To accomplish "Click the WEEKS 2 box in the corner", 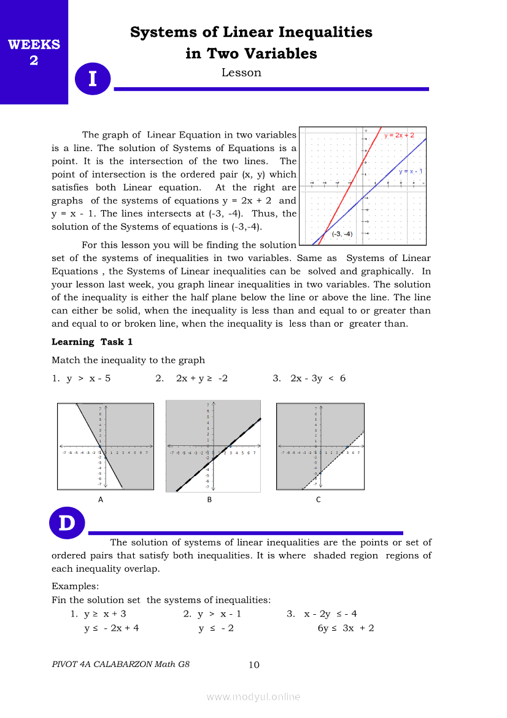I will pyautogui.click(x=34, y=52).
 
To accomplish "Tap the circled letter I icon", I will pyautogui.click(x=92, y=79).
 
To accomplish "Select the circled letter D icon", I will pyautogui.click(x=66, y=523).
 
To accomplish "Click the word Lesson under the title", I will pyautogui.click(x=241, y=73).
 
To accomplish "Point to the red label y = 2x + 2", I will pyautogui.click(x=400, y=135).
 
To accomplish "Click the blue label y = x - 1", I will pyautogui.click(x=411, y=171).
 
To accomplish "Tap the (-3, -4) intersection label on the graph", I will pyautogui.click(x=343, y=234).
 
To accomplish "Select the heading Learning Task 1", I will pyautogui.click(x=92, y=342).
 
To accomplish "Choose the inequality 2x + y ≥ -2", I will pyautogui.click(x=201, y=378).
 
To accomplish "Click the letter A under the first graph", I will pyautogui.click(x=101, y=500).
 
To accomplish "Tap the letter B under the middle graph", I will pyautogui.click(x=209, y=500).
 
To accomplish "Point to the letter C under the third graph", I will pyautogui.click(x=318, y=500).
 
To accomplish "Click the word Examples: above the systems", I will pyautogui.click(x=75, y=587).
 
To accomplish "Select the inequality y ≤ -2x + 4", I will pyautogui.click(x=111, y=628).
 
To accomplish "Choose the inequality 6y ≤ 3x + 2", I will pyautogui.click(x=346, y=628).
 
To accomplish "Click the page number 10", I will pyautogui.click(x=254, y=665).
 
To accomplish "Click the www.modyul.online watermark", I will pyautogui.click(x=253, y=697).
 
